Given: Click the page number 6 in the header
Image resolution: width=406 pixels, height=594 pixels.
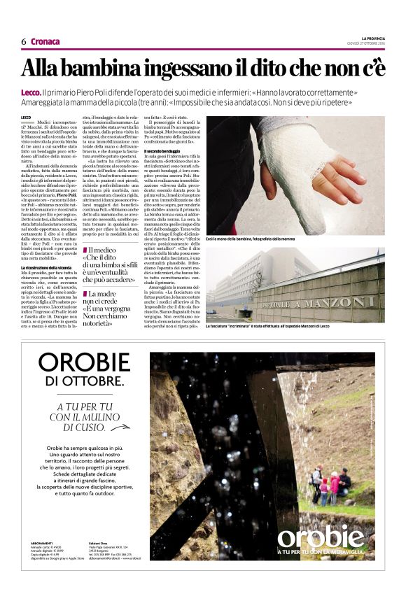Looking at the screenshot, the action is (x=24, y=41).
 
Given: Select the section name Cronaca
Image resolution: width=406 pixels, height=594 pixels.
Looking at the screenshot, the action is (x=45, y=41).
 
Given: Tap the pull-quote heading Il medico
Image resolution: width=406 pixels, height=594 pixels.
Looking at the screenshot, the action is (x=101, y=250).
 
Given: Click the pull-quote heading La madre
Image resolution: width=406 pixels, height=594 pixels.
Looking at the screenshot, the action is (x=103, y=294).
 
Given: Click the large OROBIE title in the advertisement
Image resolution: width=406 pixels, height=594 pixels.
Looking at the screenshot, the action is (x=84, y=362).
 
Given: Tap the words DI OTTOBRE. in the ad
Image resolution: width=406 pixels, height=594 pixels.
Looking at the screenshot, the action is (x=83, y=381).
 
